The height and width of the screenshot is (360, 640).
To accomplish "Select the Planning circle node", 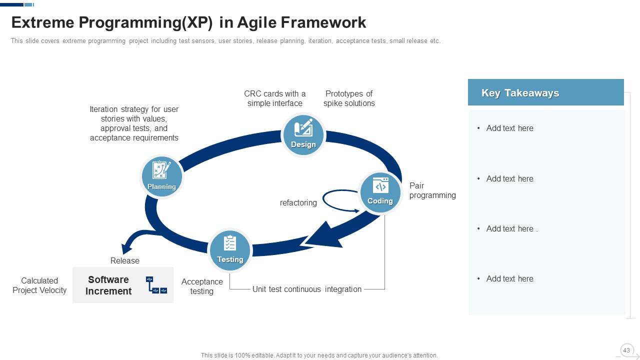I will click(x=161, y=176).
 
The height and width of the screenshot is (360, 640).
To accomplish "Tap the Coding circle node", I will click(x=380, y=192).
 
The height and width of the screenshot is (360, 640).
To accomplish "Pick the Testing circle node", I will click(x=230, y=249).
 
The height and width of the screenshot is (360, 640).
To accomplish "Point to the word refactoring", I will click(x=298, y=203).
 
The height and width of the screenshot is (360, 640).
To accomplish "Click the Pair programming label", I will click(x=432, y=190).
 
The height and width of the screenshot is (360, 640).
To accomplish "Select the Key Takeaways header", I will click(x=545, y=92).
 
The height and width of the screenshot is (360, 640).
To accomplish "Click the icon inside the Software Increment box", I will click(x=156, y=285).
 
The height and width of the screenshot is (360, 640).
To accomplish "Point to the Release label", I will click(x=125, y=261).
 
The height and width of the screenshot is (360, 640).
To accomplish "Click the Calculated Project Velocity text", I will click(x=39, y=285).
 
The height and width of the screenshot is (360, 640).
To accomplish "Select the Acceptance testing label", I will click(x=202, y=286).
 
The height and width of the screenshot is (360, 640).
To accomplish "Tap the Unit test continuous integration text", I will click(x=306, y=289).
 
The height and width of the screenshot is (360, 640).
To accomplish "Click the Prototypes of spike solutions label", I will click(x=349, y=98).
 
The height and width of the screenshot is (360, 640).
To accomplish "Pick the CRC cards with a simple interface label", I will click(x=274, y=98).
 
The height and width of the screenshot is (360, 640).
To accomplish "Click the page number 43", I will click(x=626, y=350).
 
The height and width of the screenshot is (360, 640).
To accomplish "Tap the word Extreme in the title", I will click(x=42, y=22).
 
